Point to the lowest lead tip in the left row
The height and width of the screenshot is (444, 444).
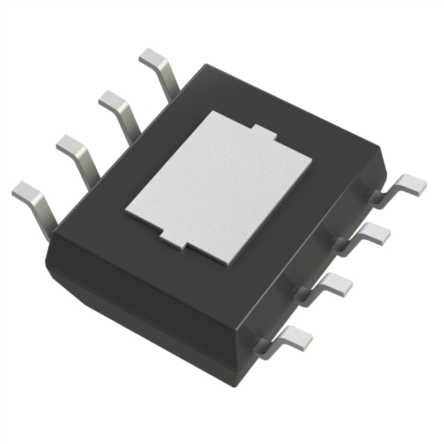[26, 189]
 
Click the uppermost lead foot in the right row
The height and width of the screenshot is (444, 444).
[412, 184]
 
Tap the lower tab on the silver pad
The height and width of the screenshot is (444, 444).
[173, 241]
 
